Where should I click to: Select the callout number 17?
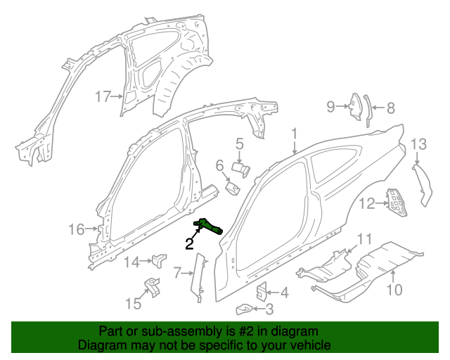pos(104,96)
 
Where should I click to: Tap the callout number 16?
pos(76,229)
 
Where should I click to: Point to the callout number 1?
pos(295,134)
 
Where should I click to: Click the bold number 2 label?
pos(189,244)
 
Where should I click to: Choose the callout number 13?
pos(418,145)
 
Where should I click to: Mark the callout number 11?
pos(364,239)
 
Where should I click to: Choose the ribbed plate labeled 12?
pos(397,202)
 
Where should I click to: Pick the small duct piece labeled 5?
pos(243,169)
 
